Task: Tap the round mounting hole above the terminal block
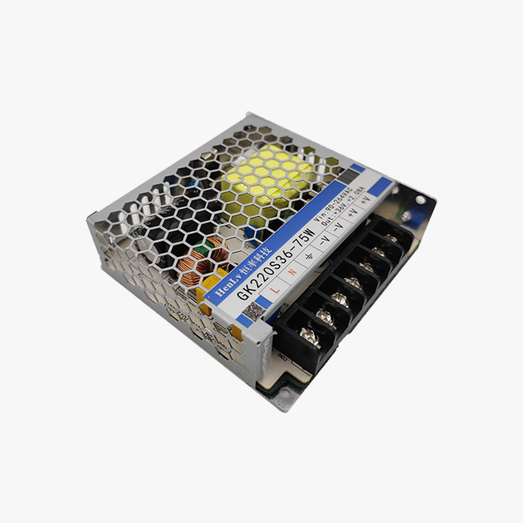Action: pyautogui.click(x=420, y=200)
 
